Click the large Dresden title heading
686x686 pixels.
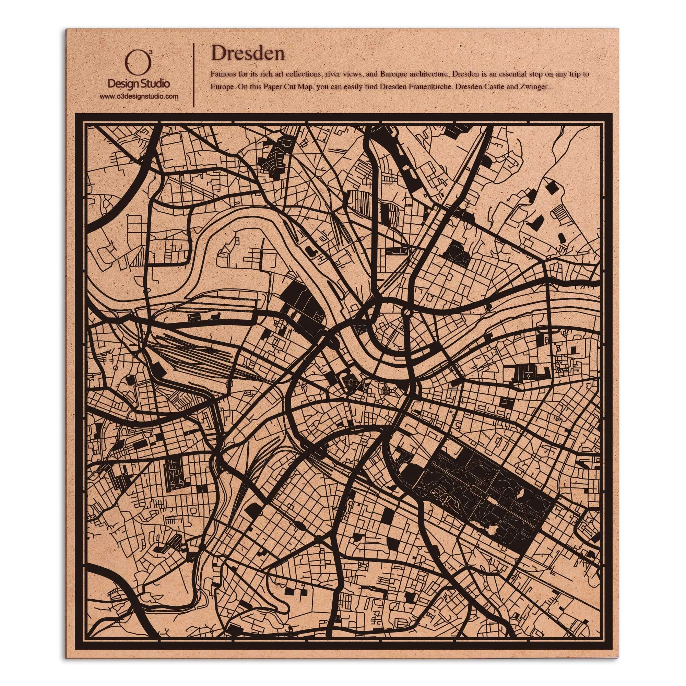pos(248,53)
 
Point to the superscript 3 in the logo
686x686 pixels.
pos(151,52)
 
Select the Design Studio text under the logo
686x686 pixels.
pos(139,84)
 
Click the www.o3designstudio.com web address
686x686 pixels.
pos(139,96)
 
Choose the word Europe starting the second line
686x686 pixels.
pos(221,87)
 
